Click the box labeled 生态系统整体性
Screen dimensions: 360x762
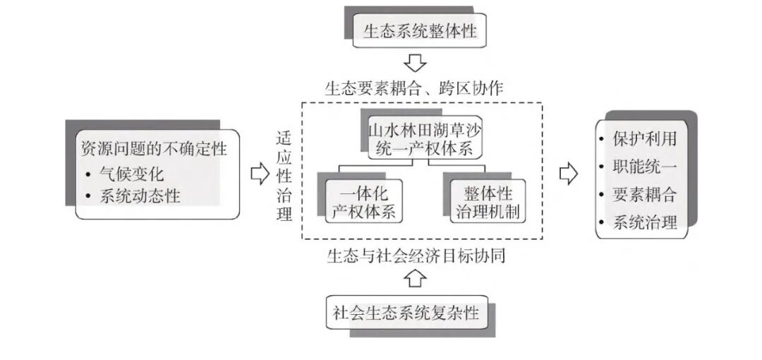click(419, 31)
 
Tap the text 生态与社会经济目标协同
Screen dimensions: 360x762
click(416, 255)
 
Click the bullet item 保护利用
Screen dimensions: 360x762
click(644, 138)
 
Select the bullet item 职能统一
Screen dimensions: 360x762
click(644, 167)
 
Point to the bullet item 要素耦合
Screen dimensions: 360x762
click(644, 195)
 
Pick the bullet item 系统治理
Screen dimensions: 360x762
click(644, 223)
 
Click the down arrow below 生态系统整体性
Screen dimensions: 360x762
click(416, 63)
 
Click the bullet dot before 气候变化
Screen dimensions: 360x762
click(89, 174)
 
